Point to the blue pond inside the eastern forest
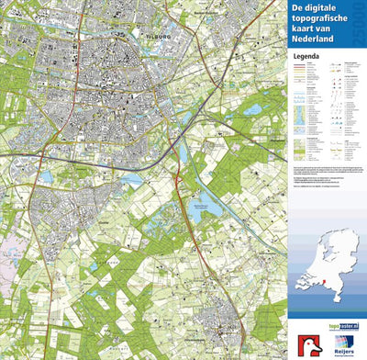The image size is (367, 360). point(252,109)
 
